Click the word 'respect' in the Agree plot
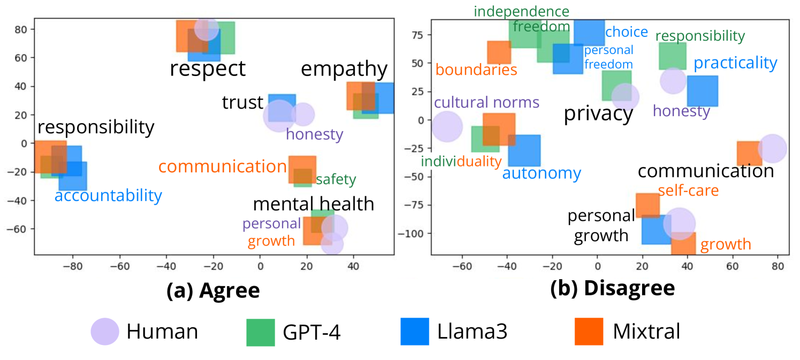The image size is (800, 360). coord(208,68)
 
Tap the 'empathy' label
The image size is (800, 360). coord(344,69)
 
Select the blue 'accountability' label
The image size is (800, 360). coord(108,196)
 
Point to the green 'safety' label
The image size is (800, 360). coord(336,180)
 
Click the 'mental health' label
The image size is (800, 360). coord(313,204)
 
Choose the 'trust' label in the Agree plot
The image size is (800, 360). coord(243,103)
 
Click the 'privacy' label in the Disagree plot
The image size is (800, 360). coord(598,114)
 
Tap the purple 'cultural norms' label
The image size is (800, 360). coord(486,102)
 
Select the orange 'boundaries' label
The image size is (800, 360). coord(476,70)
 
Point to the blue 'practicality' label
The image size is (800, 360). coord(735,63)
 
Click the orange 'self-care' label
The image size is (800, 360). coord(688,190)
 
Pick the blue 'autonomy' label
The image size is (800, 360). coord(542,173)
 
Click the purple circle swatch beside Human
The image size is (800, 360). coord(104,332)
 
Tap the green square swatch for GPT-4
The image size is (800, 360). coord(261,332)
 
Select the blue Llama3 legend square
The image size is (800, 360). coord(415,332)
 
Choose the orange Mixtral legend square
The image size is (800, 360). coord(588,332)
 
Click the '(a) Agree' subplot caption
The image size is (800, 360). coord(213,290)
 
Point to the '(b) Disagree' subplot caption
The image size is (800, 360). coord(613,288)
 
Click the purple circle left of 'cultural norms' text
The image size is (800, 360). coord(446,127)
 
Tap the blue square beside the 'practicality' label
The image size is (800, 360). coord(702,91)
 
